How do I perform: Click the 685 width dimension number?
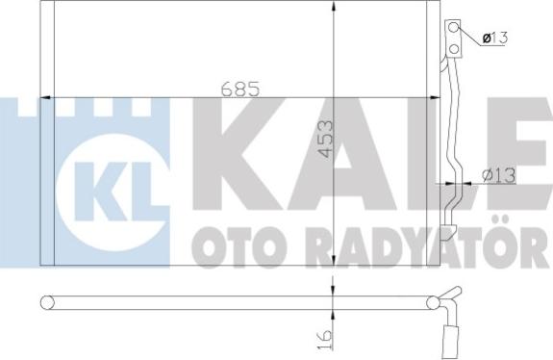[240, 89]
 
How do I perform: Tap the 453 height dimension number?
[325, 139]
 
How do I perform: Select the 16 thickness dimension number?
[325, 340]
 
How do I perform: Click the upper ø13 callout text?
[494, 38]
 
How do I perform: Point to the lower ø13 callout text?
[499, 175]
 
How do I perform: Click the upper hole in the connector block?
[454, 27]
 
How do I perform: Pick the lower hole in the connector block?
[454, 49]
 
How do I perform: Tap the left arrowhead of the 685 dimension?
[46, 97]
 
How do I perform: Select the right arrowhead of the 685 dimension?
[435, 97]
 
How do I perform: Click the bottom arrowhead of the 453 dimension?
[334, 260]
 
